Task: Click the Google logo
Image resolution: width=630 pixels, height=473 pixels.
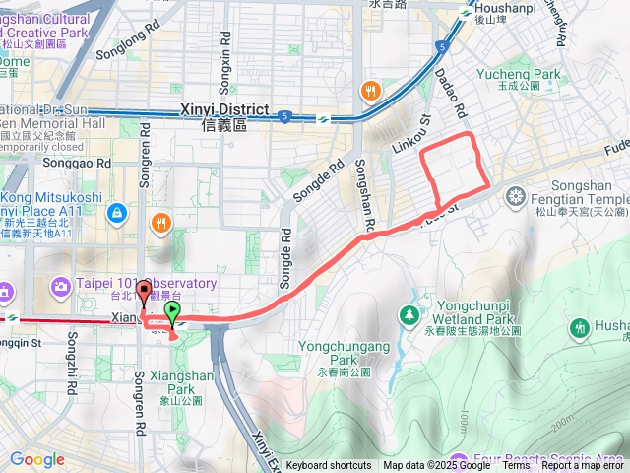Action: pos(36,459)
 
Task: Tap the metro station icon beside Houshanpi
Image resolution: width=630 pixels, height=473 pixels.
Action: pos(465,13)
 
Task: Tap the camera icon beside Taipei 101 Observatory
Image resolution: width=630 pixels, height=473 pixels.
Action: pos(60,286)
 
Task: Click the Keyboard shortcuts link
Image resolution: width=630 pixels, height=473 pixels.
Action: pos(329,466)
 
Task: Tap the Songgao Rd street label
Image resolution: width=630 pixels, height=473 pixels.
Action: pos(77,162)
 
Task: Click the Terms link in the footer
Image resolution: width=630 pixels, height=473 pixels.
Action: pos(516,466)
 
